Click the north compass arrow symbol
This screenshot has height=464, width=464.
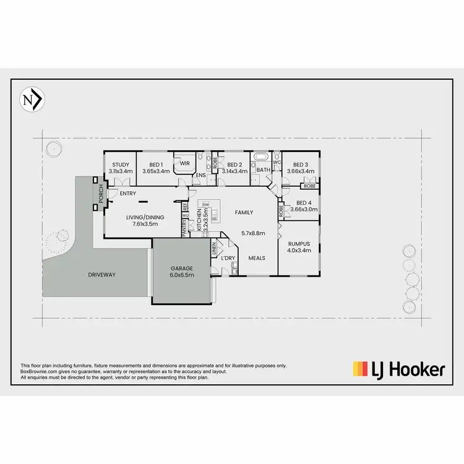(33, 100)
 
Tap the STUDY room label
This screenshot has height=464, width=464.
(121, 165)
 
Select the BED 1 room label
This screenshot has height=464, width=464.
(155, 165)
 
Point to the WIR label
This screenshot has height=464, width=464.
(184, 163)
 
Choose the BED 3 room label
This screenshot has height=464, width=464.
(301, 165)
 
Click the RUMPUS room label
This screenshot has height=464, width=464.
(299, 244)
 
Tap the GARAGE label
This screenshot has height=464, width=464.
(182, 269)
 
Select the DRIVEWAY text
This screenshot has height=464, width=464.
(101, 275)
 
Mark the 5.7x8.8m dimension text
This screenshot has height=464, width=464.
(253, 233)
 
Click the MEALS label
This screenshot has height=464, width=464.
(257, 257)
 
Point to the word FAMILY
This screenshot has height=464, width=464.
(244, 212)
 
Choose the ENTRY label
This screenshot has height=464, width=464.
(128, 194)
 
